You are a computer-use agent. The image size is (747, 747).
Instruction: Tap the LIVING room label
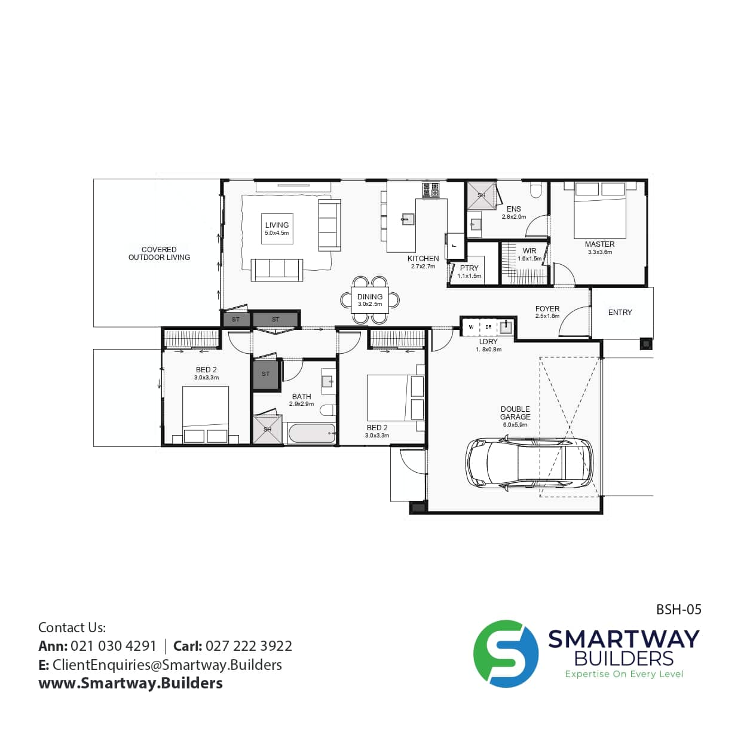277,225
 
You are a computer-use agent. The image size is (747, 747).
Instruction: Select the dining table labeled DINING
370,299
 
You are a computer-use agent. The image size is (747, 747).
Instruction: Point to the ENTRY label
620,312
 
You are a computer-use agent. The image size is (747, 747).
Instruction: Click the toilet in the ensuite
537,190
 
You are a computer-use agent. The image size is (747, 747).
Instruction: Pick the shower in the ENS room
481,195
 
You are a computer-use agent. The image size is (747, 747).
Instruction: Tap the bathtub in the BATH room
311,433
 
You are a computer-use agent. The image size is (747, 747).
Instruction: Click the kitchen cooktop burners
431,190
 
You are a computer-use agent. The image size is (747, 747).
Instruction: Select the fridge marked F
454,246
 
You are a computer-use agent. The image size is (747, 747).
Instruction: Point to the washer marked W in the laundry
471,327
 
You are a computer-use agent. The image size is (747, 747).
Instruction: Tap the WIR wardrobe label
529,251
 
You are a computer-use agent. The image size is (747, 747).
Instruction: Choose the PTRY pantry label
469,268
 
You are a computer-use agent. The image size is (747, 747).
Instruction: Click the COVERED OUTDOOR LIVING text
159,253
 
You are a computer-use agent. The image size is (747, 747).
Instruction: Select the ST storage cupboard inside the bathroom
265,375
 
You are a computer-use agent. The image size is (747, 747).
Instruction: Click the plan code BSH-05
679,610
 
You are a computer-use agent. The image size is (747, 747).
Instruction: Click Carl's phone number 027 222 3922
249,646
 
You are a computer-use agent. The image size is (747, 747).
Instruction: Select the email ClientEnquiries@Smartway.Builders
167,665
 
